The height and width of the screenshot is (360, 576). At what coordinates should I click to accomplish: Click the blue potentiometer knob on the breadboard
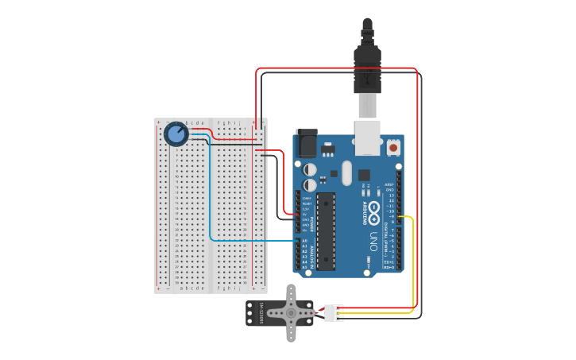176,134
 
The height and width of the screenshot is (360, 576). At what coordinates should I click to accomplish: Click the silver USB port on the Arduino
366,137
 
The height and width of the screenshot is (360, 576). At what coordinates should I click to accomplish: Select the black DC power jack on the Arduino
307,143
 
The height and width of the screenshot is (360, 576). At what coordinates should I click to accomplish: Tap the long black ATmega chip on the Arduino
325,230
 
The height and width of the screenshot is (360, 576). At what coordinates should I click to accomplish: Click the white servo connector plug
334,313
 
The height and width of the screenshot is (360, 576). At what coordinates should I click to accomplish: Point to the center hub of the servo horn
291,313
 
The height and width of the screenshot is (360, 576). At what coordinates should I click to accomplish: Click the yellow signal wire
413,262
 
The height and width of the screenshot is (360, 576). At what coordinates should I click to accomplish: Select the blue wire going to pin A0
211,199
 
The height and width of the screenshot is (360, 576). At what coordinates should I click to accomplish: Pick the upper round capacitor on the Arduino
310,169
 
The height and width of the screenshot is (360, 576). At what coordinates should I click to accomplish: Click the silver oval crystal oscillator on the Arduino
346,172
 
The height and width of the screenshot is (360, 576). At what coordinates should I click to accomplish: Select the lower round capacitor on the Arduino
310,184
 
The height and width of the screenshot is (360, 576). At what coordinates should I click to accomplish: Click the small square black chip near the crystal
364,175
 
